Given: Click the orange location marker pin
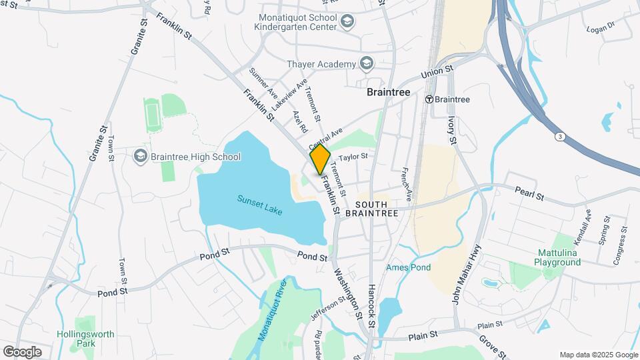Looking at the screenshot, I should coord(320,159).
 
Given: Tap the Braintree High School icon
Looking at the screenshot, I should coord(140,157).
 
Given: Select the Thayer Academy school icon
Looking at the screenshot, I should coord(365,64).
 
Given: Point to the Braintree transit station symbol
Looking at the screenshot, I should coord(431,99).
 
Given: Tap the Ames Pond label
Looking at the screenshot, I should coord(408,267).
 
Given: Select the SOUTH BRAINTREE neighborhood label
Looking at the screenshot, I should coord(377,208).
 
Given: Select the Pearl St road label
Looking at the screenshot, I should coord(530,193).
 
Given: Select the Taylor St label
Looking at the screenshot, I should coord(353,157).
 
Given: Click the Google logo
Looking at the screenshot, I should coord(22,351).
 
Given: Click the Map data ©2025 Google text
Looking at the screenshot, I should coord(599,355).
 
